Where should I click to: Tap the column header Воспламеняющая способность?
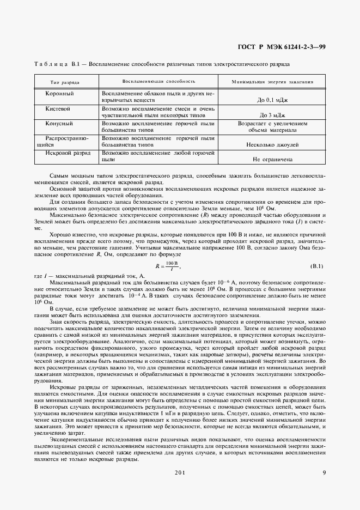tap(158, 82)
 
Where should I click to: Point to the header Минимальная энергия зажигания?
tap(272, 82)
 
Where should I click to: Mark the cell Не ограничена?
tap(272, 160)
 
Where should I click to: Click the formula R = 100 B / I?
tap(168, 266)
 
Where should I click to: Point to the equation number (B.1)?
tap(316, 266)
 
